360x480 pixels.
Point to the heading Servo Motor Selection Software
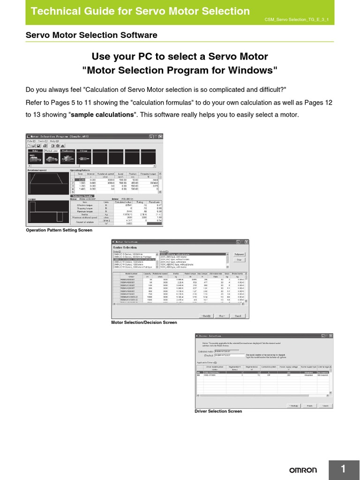[91, 35]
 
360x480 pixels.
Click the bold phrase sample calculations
[102, 115]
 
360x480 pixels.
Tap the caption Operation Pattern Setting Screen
[59, 230]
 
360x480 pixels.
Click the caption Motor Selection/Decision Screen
[144, 322]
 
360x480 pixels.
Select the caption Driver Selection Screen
[218, 411]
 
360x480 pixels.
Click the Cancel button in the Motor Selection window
[238, 315]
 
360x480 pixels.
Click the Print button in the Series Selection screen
[239, 259]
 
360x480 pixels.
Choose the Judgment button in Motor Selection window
[239, 254]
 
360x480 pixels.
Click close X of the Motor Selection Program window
[160, 136]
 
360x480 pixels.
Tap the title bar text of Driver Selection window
[211, 336]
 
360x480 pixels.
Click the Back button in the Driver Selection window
[294, 405]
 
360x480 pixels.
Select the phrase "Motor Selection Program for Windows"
[180, 71]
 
